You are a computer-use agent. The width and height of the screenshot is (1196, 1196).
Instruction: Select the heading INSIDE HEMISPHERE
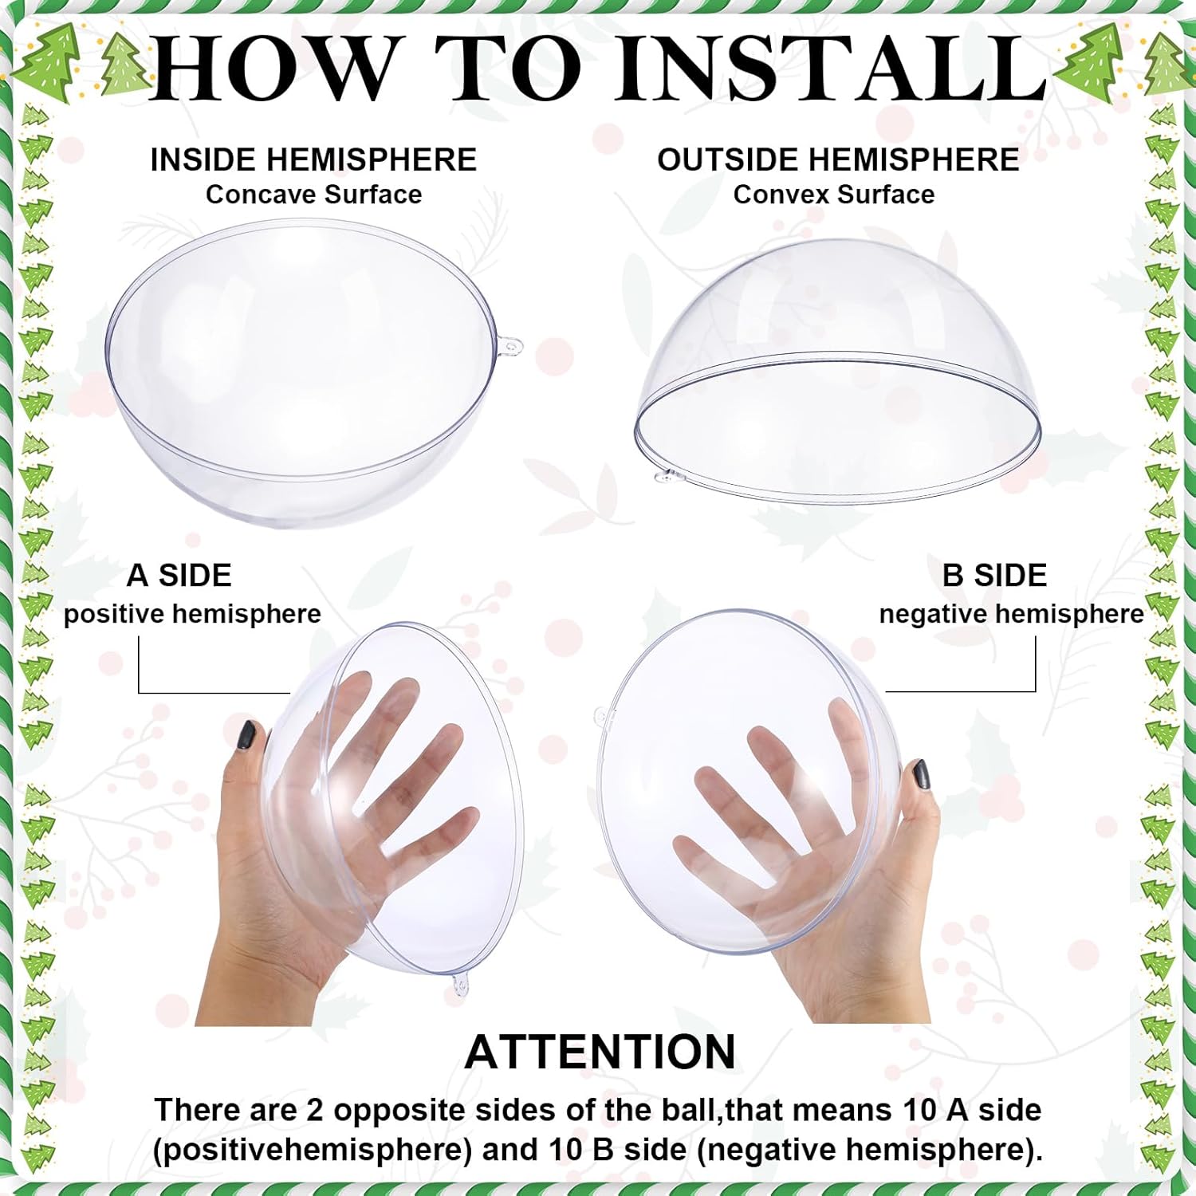click(x=313, y=159)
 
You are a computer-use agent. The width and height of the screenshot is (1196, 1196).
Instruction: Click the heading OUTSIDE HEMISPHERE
click(x=838, y=159)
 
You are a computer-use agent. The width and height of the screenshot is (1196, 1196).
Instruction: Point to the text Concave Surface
click(x=313, y=195)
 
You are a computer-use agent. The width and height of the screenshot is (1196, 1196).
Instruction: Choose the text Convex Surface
click(x=834, y=195)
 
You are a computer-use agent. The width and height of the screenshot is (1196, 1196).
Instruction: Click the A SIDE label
click(x=179, y=576)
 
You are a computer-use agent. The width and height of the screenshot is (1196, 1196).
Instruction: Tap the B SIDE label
click(x=994, y=576)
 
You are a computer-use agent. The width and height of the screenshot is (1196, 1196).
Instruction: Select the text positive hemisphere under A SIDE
click(x=192, y=614)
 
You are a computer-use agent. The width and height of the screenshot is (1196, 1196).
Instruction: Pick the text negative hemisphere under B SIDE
click(x=1011, y=614)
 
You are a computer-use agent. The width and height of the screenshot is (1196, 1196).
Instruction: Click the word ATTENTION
click(x=600, y=1052)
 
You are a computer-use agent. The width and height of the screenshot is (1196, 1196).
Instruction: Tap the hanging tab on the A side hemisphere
click(x=460, y=987)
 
